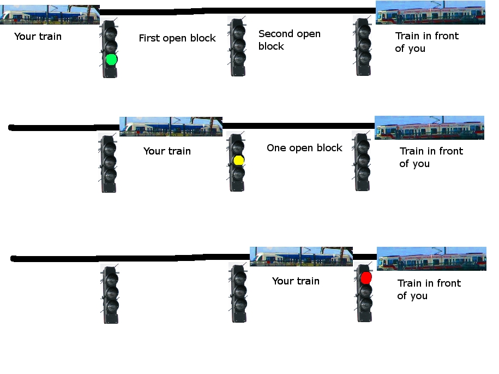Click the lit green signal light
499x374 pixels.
tap(111, 59)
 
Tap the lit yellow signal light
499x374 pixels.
tap(238, 160)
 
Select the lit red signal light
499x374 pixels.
tap(366, 278)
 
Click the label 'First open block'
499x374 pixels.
tap(177, 38)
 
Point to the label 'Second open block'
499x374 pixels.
tap(289, 40)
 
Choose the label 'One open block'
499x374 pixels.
tap(304, 148)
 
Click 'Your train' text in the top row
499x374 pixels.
tap(38, 37)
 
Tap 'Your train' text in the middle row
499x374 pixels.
tap(167, 151)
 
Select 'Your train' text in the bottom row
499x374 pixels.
tap(296, 281)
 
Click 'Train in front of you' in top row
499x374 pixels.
tap(426, 42)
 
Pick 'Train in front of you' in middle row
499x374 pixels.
tap(431, 157)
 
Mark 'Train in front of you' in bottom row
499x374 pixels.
tap(429, 289)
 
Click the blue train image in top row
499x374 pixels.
tap(50, 15)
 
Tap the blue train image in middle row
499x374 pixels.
tap(171, 126)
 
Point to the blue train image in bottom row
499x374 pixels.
tap(301, 256)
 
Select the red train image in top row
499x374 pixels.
tap(430, 13)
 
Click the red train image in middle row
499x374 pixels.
tap(429, 128)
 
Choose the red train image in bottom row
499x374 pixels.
tap(431, 259)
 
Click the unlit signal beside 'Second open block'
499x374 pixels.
tap(237, 46)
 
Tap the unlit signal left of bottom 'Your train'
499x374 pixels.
tap(237, 293)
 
